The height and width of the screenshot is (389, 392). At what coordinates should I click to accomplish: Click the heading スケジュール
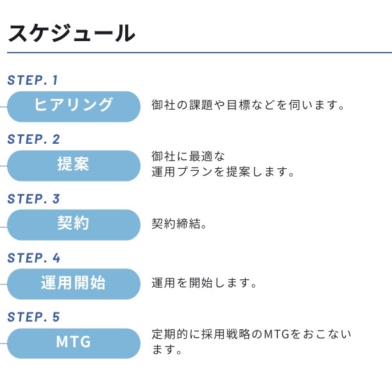(x=71, y=33)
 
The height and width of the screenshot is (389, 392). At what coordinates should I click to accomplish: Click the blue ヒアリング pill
(x=73, y=105)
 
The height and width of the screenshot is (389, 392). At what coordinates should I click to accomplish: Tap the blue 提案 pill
(x=73, y=165)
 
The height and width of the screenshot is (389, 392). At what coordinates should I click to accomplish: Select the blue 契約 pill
(x=73, y=224)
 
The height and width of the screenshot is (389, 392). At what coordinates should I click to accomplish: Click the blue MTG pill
(x=73, y=343)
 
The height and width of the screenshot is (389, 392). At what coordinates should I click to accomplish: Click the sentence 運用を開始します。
(x=204, y=284)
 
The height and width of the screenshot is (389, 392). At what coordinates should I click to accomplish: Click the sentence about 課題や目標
(x=248, y=105)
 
